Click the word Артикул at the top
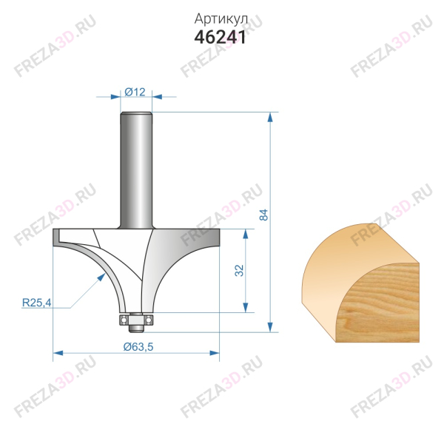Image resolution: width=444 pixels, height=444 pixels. pos(221,18)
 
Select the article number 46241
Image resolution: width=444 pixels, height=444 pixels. pos(221,37)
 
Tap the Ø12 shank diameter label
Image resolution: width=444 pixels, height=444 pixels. pos(135,91)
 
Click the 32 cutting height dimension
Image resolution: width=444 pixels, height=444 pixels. pos(239,271)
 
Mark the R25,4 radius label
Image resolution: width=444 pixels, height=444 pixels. pos(35,303)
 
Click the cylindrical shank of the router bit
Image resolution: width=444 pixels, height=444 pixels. pos(136,170)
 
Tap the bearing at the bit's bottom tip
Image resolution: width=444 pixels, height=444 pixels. pos(135,319)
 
